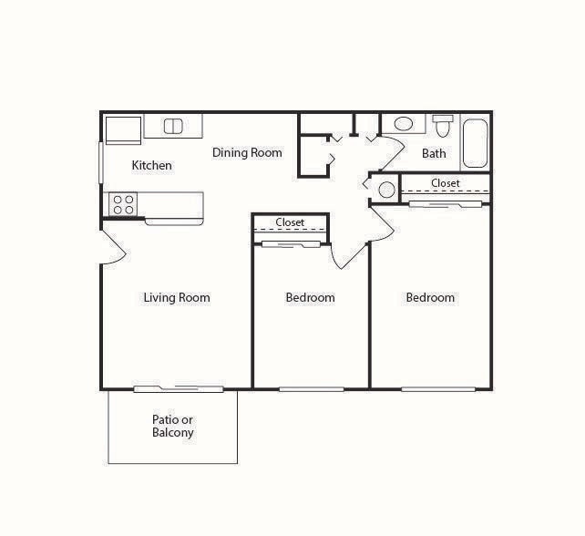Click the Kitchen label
(x=152, y=165)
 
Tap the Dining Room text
(x=247, y=152)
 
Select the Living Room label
(x=177, y=297)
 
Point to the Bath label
(x=434, y=153)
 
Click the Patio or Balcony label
(x=173, y=427)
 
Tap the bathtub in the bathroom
(x=475, y=142)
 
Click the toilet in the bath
(x=443, y=125)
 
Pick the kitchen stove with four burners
(x=123, y=204)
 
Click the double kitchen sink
(x=173, y=126)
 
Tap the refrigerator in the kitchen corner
(x=122, y=129)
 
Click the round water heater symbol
(x=386, y=190)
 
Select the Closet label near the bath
(x=446, y=183)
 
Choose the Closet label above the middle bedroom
(x=290, y=222)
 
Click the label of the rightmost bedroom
(x=430, y=297)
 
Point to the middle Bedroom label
(x=310, y=297)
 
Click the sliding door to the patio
(x=178, y=389)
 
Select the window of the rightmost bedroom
(x=438, y=389)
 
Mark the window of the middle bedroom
(x=311, y=389)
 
